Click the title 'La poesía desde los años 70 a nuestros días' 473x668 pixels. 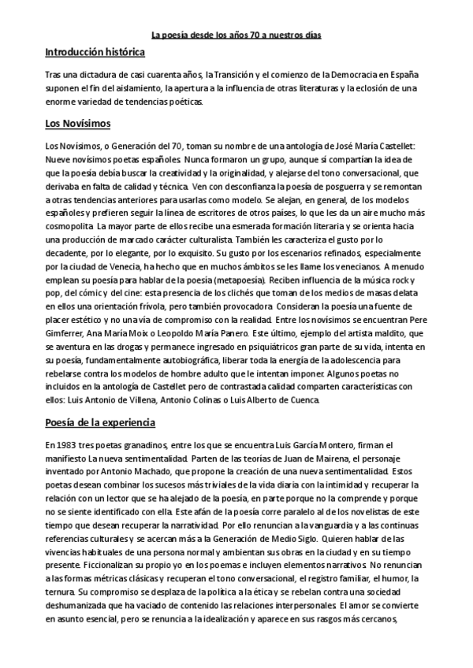[x=236, y=35]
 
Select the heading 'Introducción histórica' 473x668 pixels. [x=95, y=53]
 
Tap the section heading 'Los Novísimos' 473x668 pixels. [x=78, y=124]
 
